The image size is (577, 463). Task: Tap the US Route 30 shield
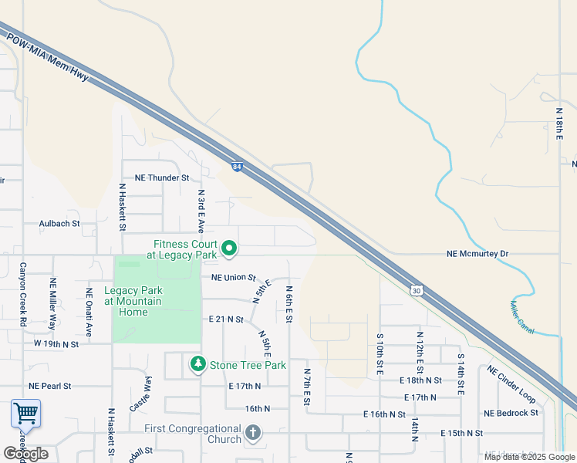[417, 290]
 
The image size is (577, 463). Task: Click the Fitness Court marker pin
[229, 248]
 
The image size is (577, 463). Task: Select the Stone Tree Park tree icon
[197, 363]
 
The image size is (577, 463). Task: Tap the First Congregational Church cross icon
[253, 434]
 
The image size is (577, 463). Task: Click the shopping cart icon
[25, 414]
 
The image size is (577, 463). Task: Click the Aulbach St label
[59, 224]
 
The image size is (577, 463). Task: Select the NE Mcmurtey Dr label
[478, 253]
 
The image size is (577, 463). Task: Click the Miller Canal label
[522, 313]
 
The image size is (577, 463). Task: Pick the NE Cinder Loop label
[511, 384]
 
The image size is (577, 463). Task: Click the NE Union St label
[233, 276]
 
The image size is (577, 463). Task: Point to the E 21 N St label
[226, 319]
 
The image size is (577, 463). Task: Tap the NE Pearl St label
[49, 385]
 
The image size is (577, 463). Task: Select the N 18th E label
[560, 123]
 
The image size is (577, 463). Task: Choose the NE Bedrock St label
[511, 413]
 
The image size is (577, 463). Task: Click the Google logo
[25, 454]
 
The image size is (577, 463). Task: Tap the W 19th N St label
[56, 343]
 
